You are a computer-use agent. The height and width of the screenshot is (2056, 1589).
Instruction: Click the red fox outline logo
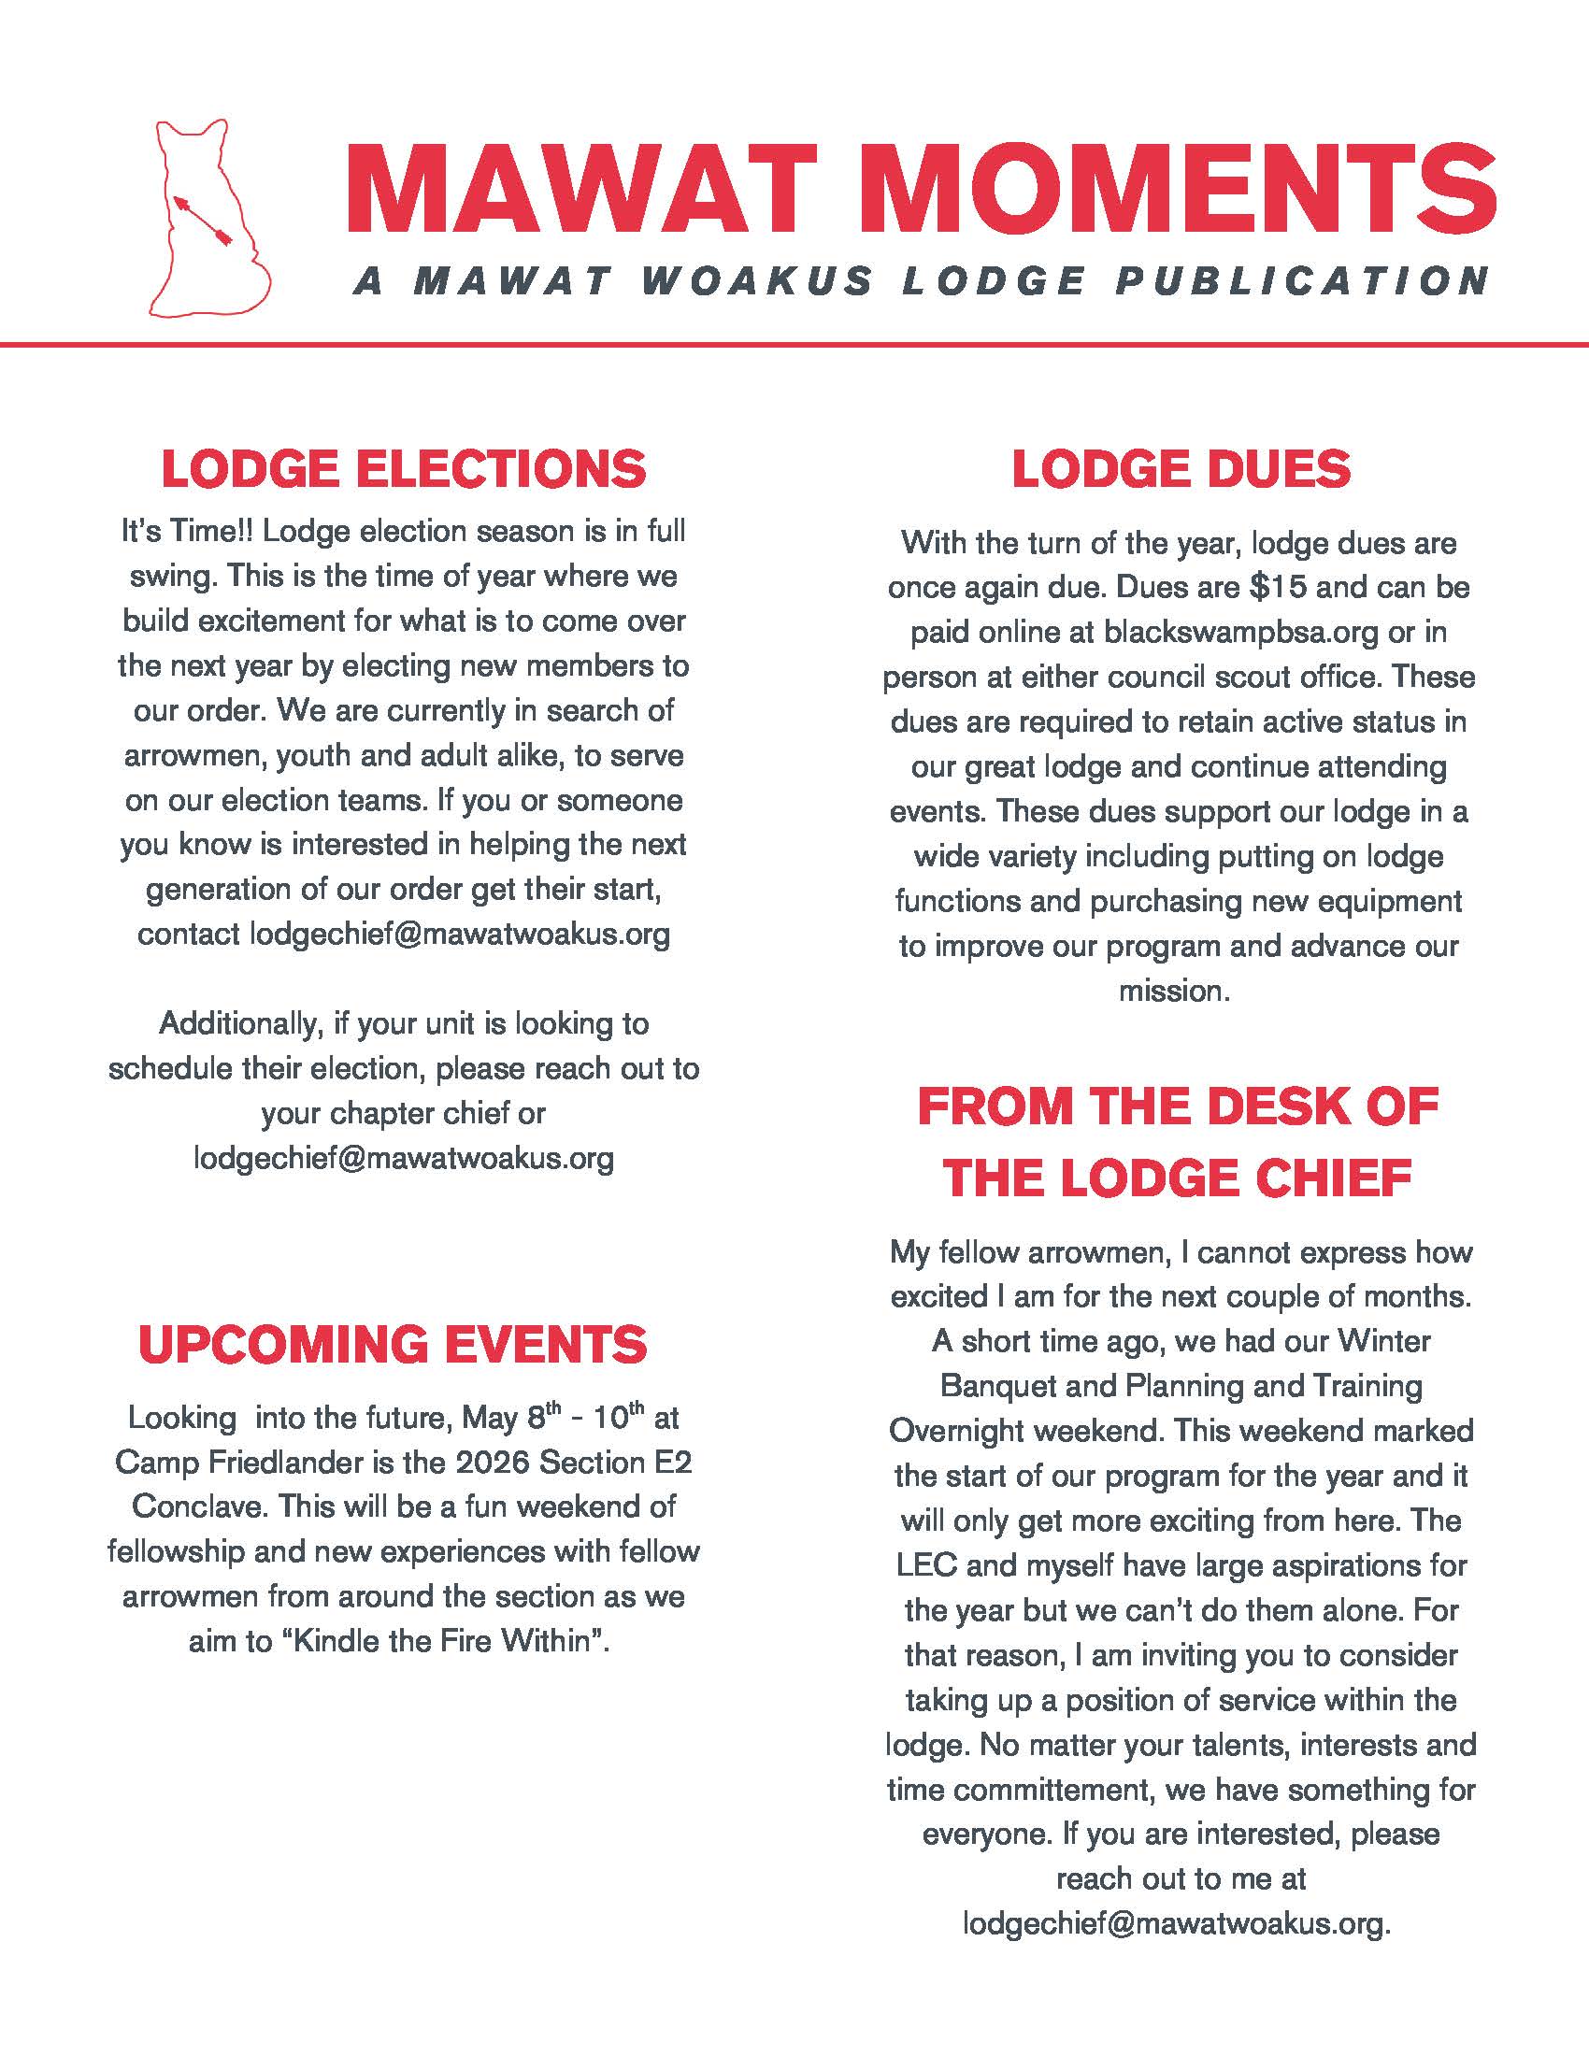tap(209, 218)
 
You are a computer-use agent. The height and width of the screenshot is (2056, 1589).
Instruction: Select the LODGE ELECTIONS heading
tap(404, 469)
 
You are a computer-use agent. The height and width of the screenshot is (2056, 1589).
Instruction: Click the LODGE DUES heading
tap(1181, 469)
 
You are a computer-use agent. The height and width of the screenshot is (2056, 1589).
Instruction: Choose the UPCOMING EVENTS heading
tap(393, 1343)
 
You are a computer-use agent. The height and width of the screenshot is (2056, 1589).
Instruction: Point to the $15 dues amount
tap(1278, 587)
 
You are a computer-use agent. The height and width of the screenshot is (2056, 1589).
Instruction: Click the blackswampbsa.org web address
tap(1240, 632)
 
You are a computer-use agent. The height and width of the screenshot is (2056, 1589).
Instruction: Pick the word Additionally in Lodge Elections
tap(240, 1023)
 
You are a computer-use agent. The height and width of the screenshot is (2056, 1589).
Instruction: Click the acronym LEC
tap(926, 1565)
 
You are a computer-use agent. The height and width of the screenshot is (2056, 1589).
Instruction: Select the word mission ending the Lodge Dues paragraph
tap(1174, 991)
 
